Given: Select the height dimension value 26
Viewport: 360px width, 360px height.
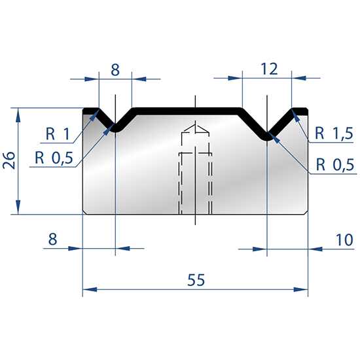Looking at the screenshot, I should click(x=9, y=160).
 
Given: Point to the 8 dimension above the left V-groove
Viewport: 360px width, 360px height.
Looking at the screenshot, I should click(x=115, y=69).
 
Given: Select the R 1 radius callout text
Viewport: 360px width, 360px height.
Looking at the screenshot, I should click(x=58, y=134).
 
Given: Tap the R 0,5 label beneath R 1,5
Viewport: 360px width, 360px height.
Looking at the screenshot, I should click(x=333, y=164).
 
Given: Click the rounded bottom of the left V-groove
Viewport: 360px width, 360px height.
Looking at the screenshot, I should click(x=115, y=129).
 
